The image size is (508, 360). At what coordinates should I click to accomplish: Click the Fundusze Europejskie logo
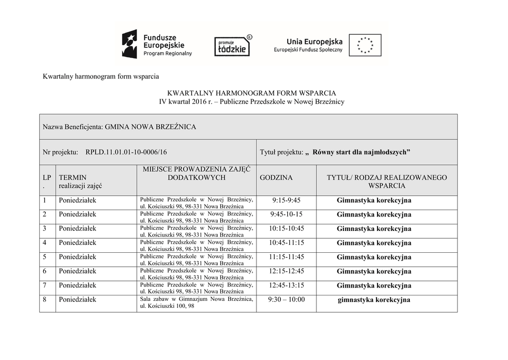tap(157, 44)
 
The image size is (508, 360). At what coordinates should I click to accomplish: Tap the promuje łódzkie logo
tap(232, 46)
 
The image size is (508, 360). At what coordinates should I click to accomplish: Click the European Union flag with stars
tap(365, 45)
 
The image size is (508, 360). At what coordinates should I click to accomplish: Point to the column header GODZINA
tap(276, 178)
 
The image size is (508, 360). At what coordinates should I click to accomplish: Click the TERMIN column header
tap(72, 178)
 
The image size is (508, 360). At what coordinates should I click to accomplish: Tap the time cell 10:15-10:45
tap(286, 229)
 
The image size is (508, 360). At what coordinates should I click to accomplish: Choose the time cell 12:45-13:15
tap(286, 286)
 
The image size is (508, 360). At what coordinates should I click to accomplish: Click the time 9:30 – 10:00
tap(286, 300)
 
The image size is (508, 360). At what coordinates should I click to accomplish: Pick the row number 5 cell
tap(45, 257)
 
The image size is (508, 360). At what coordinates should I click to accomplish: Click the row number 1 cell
tap(45, 201)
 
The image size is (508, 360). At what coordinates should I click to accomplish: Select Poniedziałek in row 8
tap(77, 300)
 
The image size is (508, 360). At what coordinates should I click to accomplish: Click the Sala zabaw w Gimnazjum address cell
tap(196, 302)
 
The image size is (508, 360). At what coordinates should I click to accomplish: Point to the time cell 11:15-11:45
tap(286, 257)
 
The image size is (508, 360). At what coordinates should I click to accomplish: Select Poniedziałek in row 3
tap(77, 229)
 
